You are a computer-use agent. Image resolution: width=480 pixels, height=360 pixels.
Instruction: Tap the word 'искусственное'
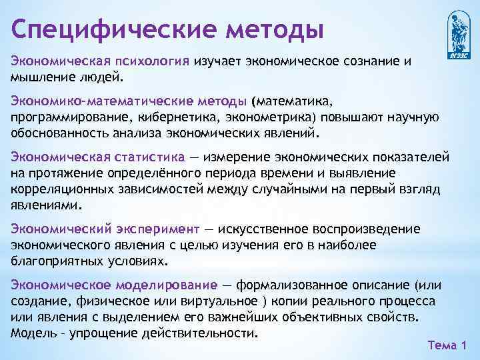tap(263, 229)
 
